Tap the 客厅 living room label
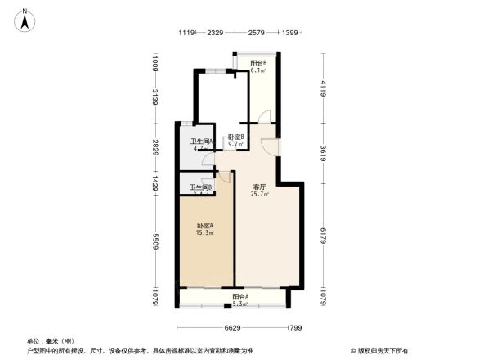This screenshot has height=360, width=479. coord(260,187)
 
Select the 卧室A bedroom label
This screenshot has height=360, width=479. coord(204,226)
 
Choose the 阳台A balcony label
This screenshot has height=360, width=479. coord(240,297)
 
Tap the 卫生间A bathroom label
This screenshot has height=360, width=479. coord(202,142)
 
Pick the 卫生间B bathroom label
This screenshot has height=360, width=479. coord(200,187)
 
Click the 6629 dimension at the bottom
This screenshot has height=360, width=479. coord(235,327)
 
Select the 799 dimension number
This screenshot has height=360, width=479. coord(295,327)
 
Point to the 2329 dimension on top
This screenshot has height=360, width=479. coord(215,33)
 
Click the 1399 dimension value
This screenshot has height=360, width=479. coord(289,33)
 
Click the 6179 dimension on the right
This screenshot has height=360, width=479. coord(325,235)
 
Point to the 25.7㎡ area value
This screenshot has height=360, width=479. coord(261,195)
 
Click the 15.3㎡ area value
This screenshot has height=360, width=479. coord(204,233)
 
